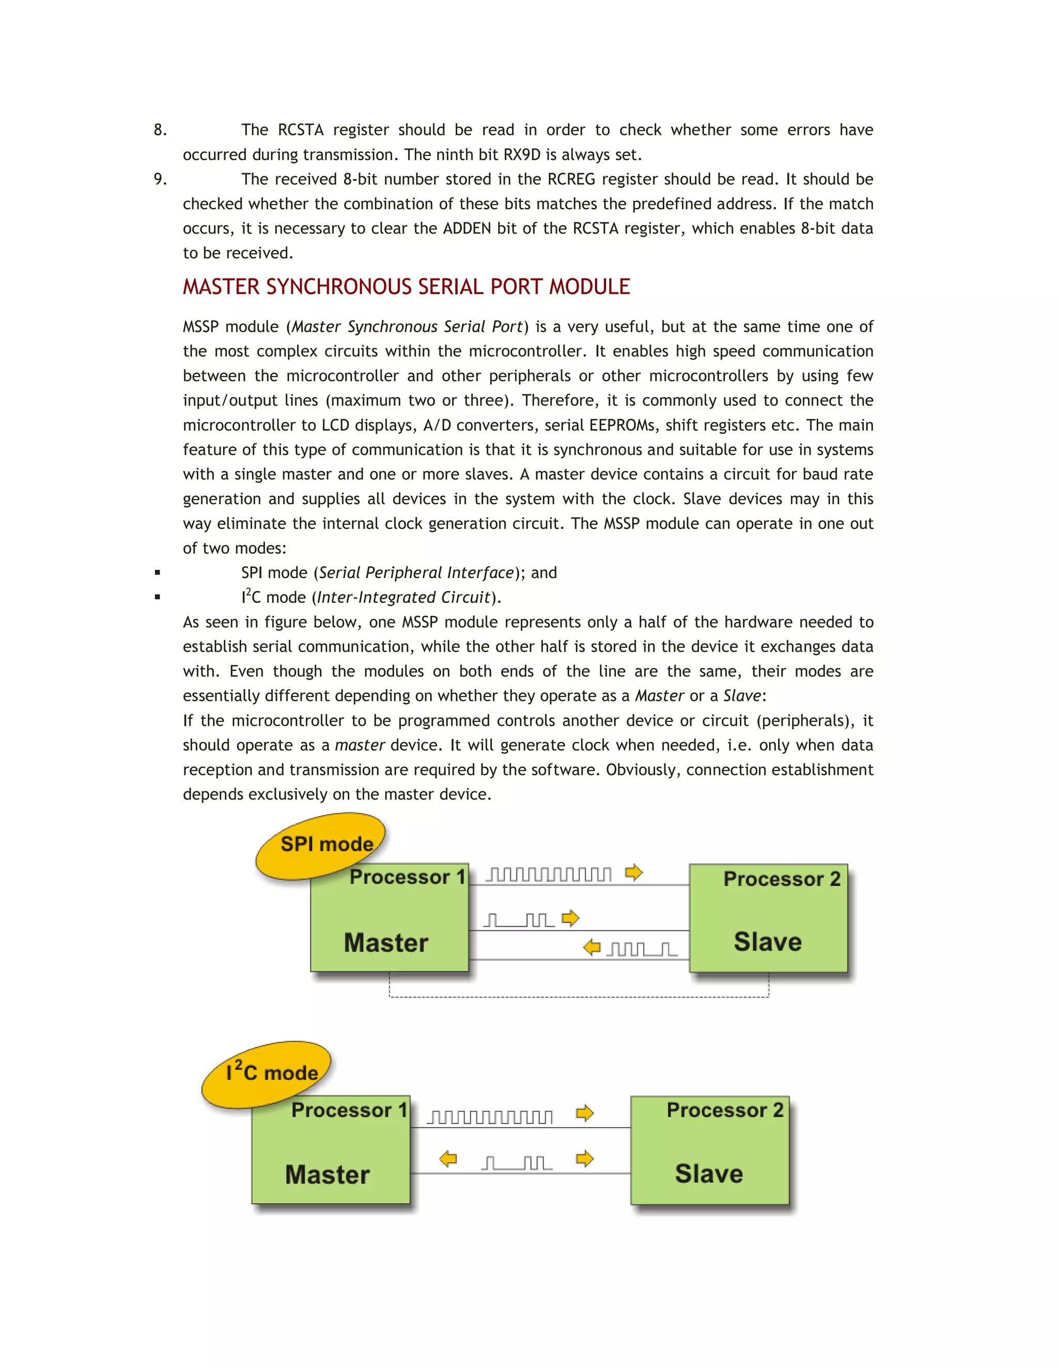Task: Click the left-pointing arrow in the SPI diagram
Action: pos(592,947)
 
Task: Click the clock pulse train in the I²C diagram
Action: pos(490,1117)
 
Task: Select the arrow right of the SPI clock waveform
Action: pos(634,872)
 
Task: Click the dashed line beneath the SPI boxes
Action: pos(578,997)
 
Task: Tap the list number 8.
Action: pos(160,130)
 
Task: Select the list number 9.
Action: pos(160,179)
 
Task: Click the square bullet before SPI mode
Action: pos(158,572)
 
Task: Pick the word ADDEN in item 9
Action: pos(467,229)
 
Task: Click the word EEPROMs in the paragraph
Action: pos(623,426)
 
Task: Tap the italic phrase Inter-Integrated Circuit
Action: pos(403,597)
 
